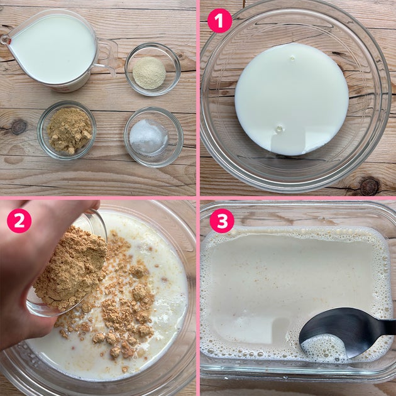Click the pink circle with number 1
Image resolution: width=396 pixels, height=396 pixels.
click(x=219, y=21)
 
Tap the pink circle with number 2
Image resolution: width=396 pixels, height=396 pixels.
click(x=19, y=221)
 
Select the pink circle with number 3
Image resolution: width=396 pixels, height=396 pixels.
click(x=222, y=221)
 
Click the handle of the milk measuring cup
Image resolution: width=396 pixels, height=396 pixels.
click(x=106, y=57)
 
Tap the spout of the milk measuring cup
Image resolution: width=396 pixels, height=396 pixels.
click(x=6, y=40)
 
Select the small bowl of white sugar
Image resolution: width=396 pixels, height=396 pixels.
click(x=153, y=136)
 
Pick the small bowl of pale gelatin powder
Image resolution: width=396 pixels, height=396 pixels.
click(x=153, y=69)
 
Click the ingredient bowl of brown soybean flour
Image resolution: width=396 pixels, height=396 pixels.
click(x=67, y=130)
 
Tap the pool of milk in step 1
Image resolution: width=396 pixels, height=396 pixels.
click(x=292, y=99)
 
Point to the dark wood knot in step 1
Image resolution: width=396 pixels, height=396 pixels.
click(x=369, y=187)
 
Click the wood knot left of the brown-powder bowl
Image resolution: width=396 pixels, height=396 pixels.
click(x=18, y=127)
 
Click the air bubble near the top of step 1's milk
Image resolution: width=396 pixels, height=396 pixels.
click(x=292, y=58)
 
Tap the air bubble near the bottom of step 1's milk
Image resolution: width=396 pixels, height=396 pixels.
click(x=280, y=129)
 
